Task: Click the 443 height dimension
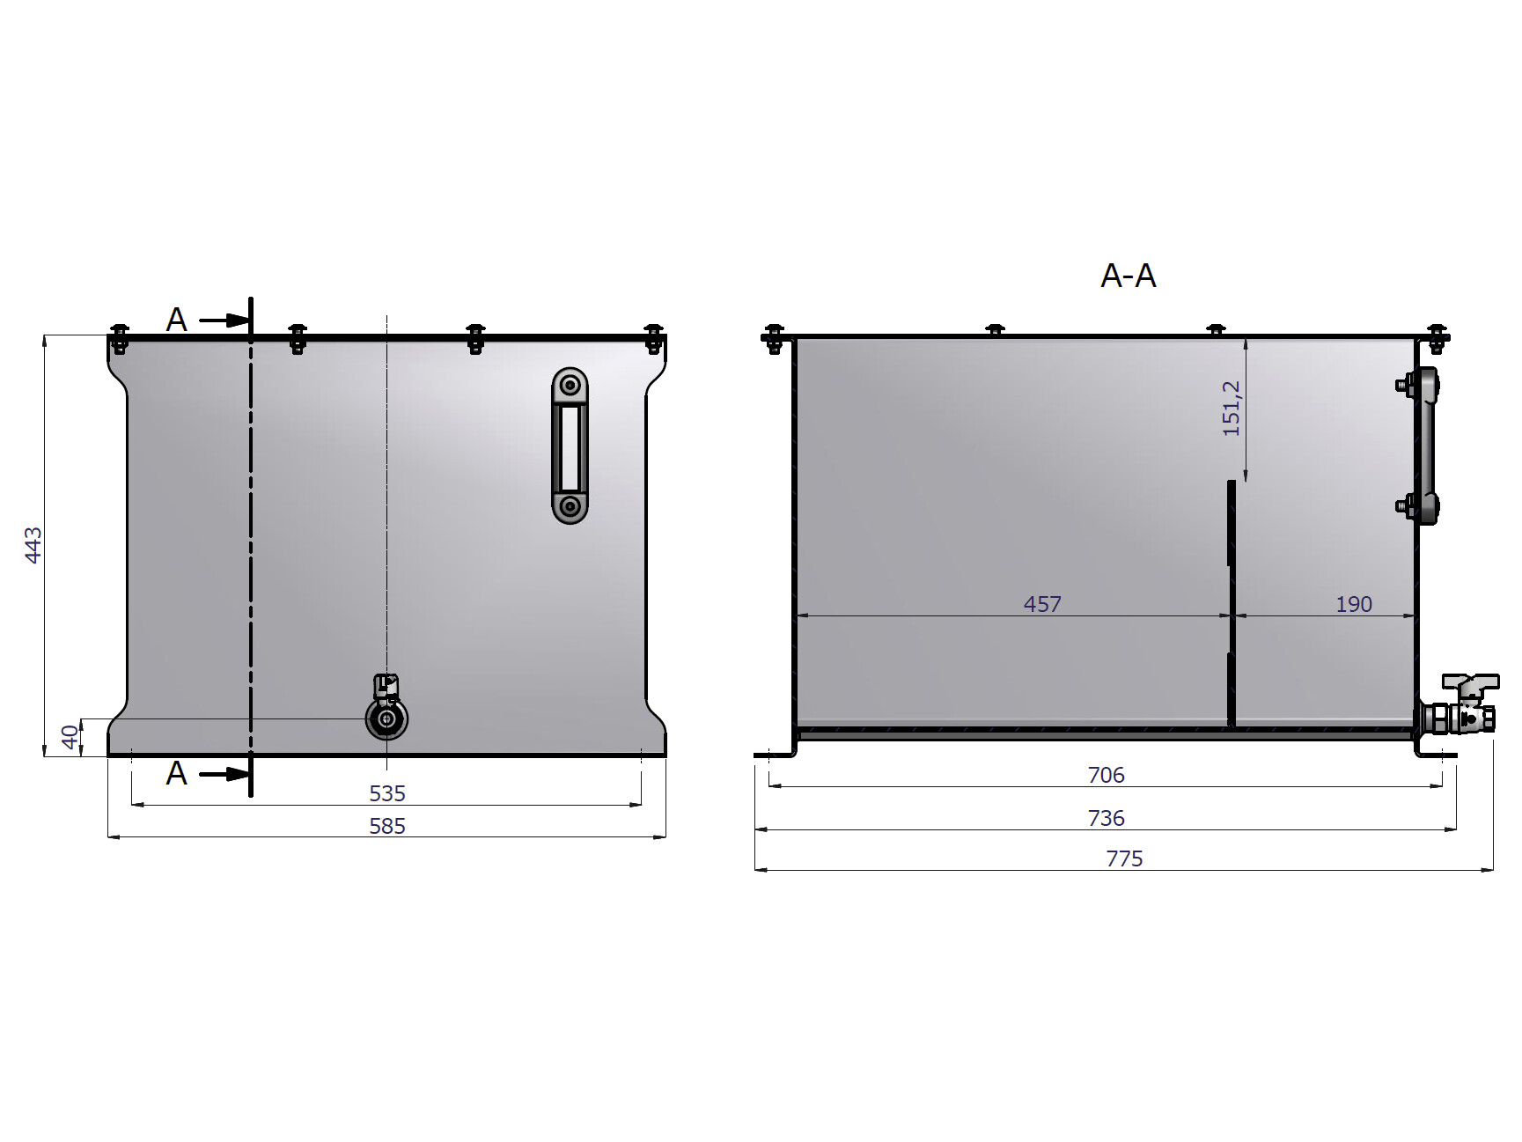point(33,545)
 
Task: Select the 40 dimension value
point(70,737)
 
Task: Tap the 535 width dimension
point(387,793)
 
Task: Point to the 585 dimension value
point(387,826)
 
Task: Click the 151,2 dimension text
point(1232,409)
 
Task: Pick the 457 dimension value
point(1042,604)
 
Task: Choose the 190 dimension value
point(1354,604)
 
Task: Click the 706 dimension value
point(1107,775)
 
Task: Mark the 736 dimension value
point(1107,818)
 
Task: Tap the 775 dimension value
point(1124,858)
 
